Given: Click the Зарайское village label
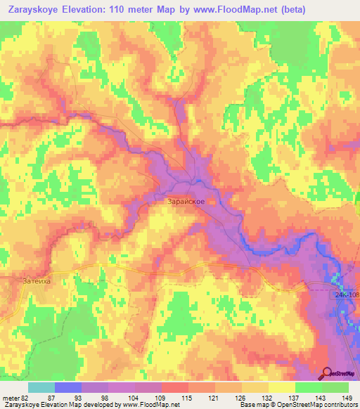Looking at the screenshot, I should tap(186, 202).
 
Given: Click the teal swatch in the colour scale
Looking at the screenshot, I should tap(41, 387).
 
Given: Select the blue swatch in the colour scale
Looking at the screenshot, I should tap(67, 387).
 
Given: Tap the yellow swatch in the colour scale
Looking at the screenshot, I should tap(281, 387).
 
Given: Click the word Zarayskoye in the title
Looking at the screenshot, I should tap(34, 9).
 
